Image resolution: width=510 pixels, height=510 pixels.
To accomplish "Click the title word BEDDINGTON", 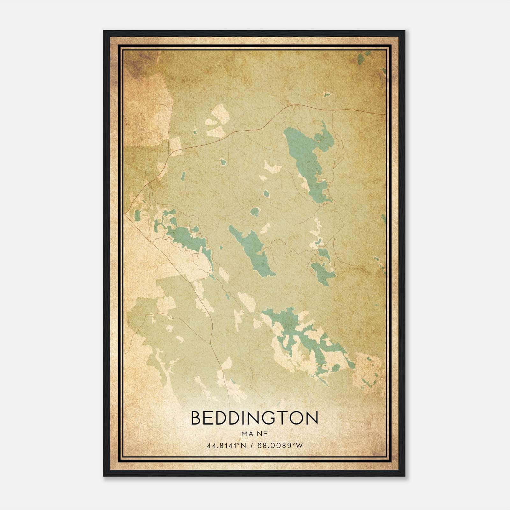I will [254, 418].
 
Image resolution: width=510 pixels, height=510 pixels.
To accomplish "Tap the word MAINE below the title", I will [254, 434].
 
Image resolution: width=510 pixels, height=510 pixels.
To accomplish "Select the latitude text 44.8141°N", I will [226, 446].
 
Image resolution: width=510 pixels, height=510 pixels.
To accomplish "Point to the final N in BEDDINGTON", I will [312, 418].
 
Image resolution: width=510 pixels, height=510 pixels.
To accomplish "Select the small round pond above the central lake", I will [255, 212].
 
